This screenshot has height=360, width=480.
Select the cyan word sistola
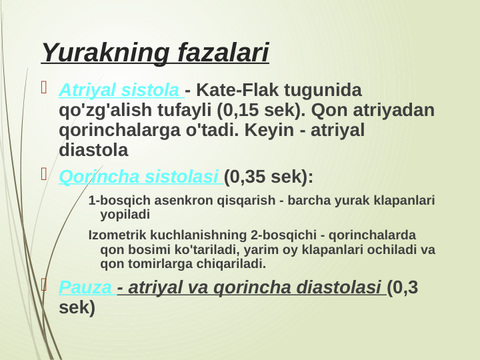pyautogui.click(x=155, y=89)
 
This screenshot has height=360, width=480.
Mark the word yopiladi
pyautogui.click(x=125, y=215)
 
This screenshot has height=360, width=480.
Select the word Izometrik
pyautogui.click(x=116, y=235)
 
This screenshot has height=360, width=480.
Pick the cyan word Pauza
pyautogui.click(x=85, y=288)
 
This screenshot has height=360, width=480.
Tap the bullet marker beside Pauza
pyautogui.click(x=45, y=287)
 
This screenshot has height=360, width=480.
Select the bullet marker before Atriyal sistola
pyautogui.click(x=45, y=88)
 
